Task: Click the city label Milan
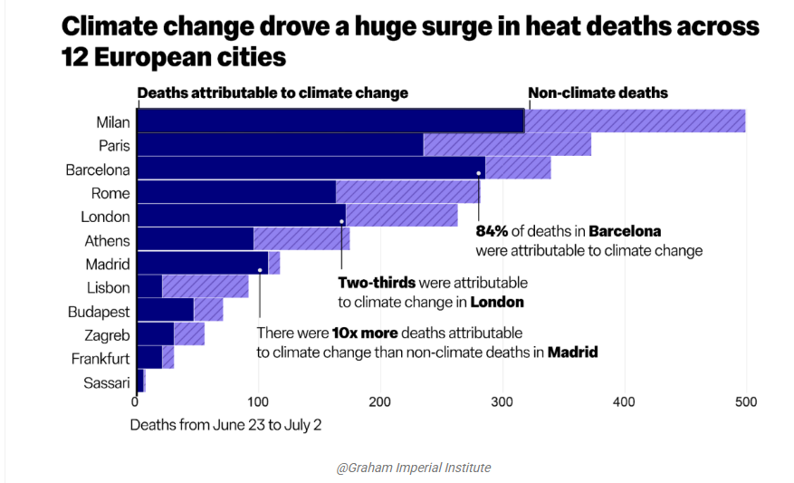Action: (x=113, y=121)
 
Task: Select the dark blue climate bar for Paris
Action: (x=279, y=145)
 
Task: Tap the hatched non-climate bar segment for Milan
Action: (x=634, y=121)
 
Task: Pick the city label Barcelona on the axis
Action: (x=98, y=169)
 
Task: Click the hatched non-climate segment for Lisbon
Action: (x=205, y=287)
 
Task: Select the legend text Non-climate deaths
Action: (x=598, y=92)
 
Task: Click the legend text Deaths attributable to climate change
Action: (x=273, y=92)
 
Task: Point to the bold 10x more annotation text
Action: (x=365, y=333)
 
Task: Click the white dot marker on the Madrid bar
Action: (x=261, y=269)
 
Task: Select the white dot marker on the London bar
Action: (x=341, y=221)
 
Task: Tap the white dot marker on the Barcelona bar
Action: (x=478, y=173)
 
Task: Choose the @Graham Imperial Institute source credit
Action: (x=413, y=468)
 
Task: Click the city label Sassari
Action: (x=107, y=382)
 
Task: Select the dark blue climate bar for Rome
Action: (x=235, y=192)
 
